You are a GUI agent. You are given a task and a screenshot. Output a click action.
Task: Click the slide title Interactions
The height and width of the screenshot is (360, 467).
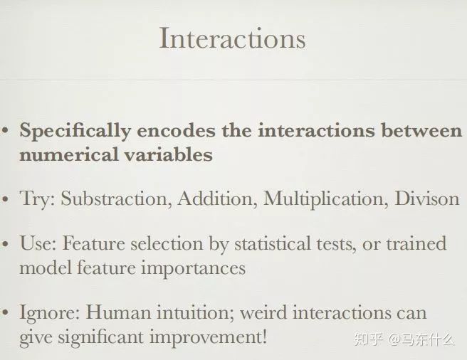pos(232,38)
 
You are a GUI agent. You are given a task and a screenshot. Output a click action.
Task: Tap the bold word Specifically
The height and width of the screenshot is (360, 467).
pos(75,132)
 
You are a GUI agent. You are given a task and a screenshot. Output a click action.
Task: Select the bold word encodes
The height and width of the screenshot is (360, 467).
pos(176,130)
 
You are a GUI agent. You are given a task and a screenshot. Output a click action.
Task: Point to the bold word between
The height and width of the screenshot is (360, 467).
pos(421,130)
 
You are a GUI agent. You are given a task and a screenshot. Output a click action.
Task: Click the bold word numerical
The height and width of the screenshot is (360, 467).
pos(68,155)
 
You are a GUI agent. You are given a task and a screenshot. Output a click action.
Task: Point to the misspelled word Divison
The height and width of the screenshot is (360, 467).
pos(427,198)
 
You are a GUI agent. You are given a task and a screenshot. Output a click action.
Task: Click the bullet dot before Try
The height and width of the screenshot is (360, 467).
pos(5,199)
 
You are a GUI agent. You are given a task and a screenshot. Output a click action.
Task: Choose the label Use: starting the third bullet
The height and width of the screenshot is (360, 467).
pos(38,243)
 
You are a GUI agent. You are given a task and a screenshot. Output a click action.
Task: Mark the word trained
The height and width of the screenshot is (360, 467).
pos(416,243)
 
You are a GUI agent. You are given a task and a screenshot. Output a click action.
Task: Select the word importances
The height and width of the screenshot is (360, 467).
pos(193,269)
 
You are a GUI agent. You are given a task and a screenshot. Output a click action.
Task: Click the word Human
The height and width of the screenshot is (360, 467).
pos(118,312)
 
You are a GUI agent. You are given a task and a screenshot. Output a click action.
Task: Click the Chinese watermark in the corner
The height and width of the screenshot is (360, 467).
pos(404,339)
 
